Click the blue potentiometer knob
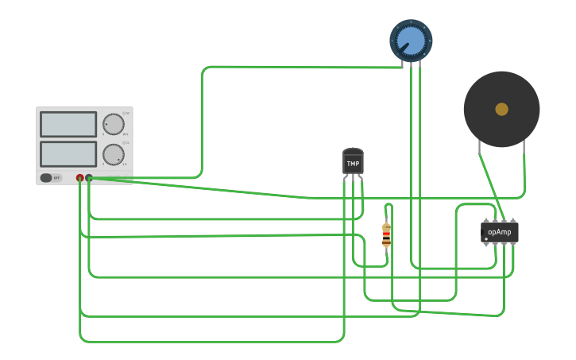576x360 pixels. [x=411, y=41]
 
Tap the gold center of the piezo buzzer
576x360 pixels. [x=501, y=109]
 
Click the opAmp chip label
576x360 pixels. [x=500, y=232]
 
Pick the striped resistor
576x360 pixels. [x=387, y=235]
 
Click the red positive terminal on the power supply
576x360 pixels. [x=79, y=178]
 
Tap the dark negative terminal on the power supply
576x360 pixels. [x=89, y=178]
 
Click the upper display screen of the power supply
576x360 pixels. [x=68, y=124]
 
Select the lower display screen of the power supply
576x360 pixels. [x=68, y=153]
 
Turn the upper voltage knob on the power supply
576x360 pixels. [x=114, y=124]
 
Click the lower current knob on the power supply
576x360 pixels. [x=114, y=153]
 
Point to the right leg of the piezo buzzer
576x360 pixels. [x=524, y=146]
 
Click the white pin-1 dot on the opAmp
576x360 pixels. [x=486, y=238]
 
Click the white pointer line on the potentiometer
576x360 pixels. [x=404, y=48]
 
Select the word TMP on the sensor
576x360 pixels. [x=353, y=164]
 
